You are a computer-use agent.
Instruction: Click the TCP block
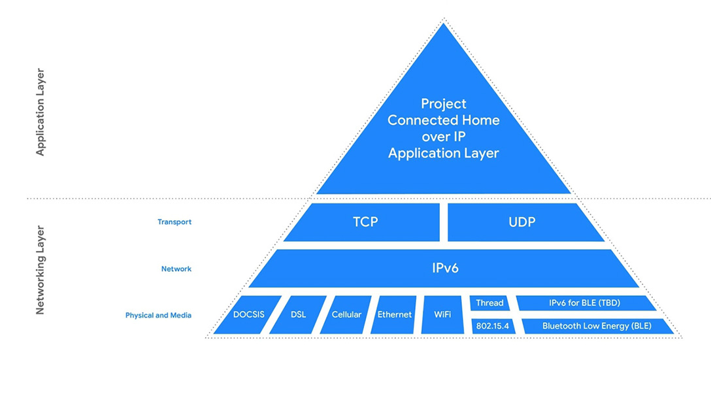[x=365, y=222]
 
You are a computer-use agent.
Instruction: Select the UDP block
[x=521, y=222]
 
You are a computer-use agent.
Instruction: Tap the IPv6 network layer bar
[x=444, y=268]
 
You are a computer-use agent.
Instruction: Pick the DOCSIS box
[x=249, y=314]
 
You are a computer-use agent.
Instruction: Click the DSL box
[x=298, y=314]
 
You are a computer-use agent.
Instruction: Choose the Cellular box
[x=346, y=314]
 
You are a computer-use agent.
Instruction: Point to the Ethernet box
[x=395, y=314]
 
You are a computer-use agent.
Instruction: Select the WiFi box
[x=442, y=314]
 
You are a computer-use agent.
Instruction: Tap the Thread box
[x=489, y=303]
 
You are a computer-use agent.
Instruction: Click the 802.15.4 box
[x=493, y=325]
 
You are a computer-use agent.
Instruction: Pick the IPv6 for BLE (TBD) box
[x=585, y=303]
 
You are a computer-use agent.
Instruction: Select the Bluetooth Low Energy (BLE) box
[x=596, y=325]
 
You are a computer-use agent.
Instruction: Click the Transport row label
[x=174, y=222]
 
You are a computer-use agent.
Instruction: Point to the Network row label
[x=176, y=269]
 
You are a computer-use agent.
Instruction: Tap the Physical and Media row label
[x=158, y=316]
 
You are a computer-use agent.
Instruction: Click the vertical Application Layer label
[x=41, y=112]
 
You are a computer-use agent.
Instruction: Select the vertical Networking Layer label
[x=41, y=270]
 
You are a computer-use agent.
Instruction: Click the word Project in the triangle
[x=444, y=104]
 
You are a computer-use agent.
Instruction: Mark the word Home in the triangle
[x=480, y=120]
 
